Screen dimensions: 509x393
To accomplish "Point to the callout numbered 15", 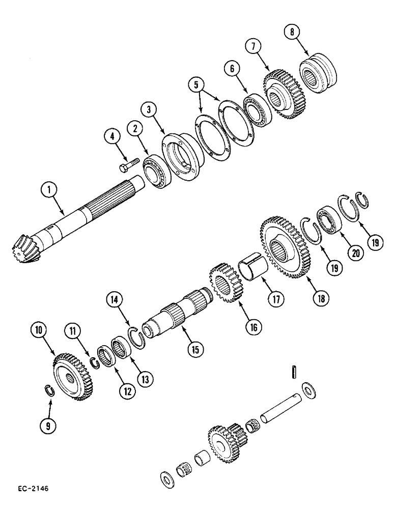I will [194, 349].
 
